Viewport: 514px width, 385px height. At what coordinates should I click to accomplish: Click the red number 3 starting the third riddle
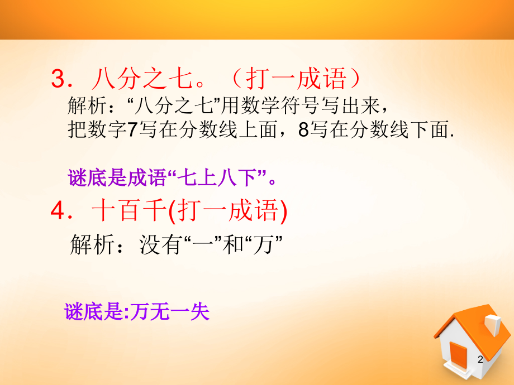[x=59, y=79]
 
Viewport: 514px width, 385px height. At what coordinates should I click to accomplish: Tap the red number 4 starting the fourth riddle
[x=58, y=210]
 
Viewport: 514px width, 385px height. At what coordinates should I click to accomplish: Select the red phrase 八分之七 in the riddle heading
[x=142, y=79]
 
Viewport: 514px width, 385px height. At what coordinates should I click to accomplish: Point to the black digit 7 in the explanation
[x=131, y=129]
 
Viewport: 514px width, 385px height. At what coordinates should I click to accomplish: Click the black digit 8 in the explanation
[x=303, y=129]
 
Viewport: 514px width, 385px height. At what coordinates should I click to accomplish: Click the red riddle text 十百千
[x=129, y=210]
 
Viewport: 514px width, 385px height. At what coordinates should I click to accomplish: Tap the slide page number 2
[x=480, y=359]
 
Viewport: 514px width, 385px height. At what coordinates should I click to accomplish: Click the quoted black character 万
[x=263, y=244]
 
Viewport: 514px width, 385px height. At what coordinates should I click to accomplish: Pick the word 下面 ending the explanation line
[x=430, y=129]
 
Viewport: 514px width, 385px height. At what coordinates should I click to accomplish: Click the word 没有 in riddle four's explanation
[x=160, y=244]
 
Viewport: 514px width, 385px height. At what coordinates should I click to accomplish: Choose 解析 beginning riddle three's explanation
[x=87, y=106]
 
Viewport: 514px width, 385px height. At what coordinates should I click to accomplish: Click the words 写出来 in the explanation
[x=350, y=106]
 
